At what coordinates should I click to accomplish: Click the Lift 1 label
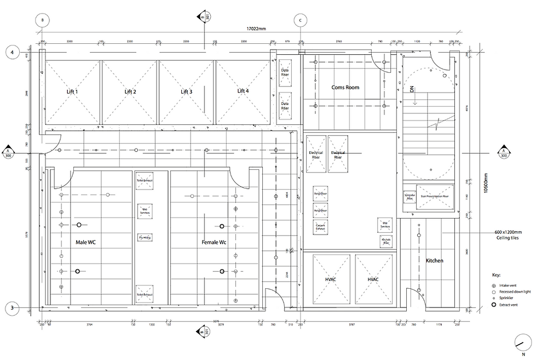tap(72, 92)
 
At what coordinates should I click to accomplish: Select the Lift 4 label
tap(243, 92)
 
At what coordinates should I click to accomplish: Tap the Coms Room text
tap(345, 88)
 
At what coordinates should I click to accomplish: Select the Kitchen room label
tap(434, 261)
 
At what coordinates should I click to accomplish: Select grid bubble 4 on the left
tap(11, 53)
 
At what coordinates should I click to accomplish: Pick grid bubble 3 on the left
tap(11, 308)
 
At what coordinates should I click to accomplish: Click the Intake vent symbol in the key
tap(493, 285)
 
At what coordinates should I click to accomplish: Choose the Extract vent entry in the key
tap(493, 305)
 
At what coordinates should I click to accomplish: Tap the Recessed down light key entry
tap(493, 292)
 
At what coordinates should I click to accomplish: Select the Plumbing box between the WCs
tap(145, 237)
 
